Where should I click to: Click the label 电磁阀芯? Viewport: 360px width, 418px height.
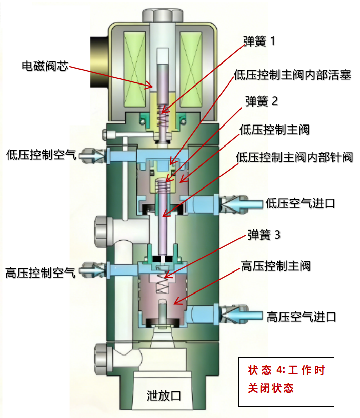tap(45, 66)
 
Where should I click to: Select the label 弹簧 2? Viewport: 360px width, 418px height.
tap(262, 101)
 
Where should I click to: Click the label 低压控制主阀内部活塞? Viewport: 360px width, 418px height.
tap(292, 75)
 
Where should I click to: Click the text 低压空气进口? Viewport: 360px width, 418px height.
tap(301, 203)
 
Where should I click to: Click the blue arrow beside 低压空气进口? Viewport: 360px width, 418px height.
tap(241, 204)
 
